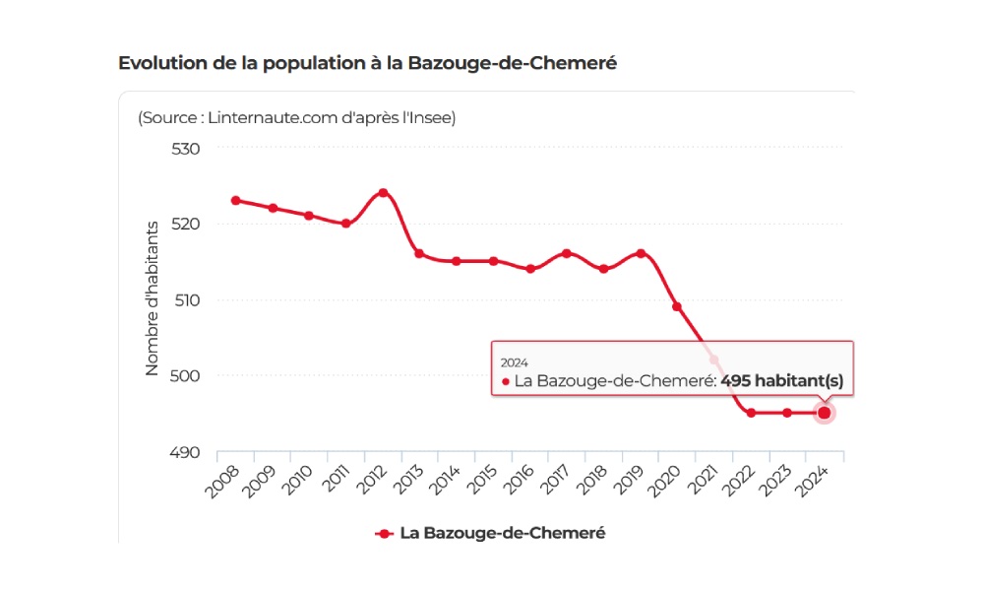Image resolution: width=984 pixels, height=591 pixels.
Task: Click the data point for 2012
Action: click(x=383, y=192)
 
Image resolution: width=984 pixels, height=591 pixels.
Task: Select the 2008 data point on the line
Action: click(x=235, y=200)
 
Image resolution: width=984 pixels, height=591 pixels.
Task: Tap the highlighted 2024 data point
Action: click(x=825, y=413)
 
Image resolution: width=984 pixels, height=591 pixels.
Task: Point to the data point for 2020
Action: click(x=677, y=306)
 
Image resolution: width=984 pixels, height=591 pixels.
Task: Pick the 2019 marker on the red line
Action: click(x=641, y=253)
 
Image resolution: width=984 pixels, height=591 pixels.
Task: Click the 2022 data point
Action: click(x=751, y=413)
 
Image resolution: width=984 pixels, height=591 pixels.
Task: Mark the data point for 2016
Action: click(x=530, y=268)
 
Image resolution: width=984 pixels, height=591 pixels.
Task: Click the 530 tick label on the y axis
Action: click(x=186, y=148)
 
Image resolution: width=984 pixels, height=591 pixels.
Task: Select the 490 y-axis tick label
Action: click(x=186, y=452)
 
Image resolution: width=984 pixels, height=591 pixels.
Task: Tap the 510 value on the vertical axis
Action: click(x=186, y=299)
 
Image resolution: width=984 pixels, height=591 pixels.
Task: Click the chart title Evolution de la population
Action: click(x=367, y=63)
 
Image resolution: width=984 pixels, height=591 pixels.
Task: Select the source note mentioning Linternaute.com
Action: click(x=297, y=117)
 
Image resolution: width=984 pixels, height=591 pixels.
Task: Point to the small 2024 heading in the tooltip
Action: click(x=515, y=362)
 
